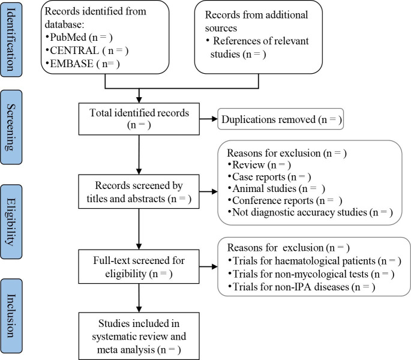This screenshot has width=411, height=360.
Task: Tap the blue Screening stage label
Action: tap(11, 127)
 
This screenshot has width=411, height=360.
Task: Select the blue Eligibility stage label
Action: tap(11, 222)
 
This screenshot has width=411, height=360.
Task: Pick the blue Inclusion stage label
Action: tap(11, 316)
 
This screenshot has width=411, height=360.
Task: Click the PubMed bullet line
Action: tap(79, 37)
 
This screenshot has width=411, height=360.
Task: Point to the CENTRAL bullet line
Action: tap(87, 50)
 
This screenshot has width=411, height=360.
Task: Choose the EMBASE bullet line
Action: tap(82, 64)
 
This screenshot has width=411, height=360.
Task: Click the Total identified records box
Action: tap(139, 119)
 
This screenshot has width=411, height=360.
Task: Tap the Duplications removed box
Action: tap(280, 119)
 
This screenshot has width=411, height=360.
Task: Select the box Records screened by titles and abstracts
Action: tap(139, 191)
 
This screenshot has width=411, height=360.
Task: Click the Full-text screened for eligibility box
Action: tap(139, 266)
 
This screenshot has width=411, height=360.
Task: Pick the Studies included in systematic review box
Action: tap(139, 336)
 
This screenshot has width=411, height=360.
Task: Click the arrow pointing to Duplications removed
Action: tap(208, 119)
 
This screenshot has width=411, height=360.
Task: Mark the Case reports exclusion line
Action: tap(269, 177)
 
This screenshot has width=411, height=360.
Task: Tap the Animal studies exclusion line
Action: tap(276, 188)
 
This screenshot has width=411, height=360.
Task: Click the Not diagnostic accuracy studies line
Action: tap(310, 212)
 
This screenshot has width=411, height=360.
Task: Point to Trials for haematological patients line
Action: tap(314, 261)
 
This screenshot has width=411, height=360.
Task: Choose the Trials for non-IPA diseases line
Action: tap(302, 287)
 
